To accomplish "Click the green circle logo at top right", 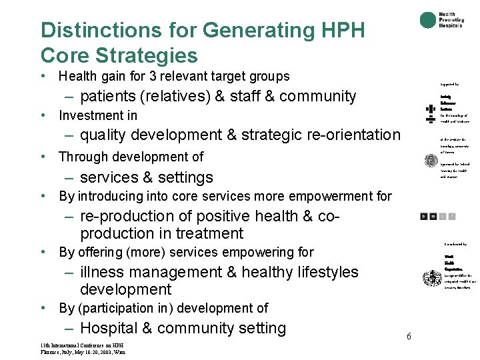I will (427, 20).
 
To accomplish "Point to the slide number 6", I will (409, 336).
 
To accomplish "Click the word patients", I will (110, 96).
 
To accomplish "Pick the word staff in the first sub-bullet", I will (245, 96).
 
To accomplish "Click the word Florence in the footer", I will (50, 351).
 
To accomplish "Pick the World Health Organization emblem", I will (431, 278).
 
